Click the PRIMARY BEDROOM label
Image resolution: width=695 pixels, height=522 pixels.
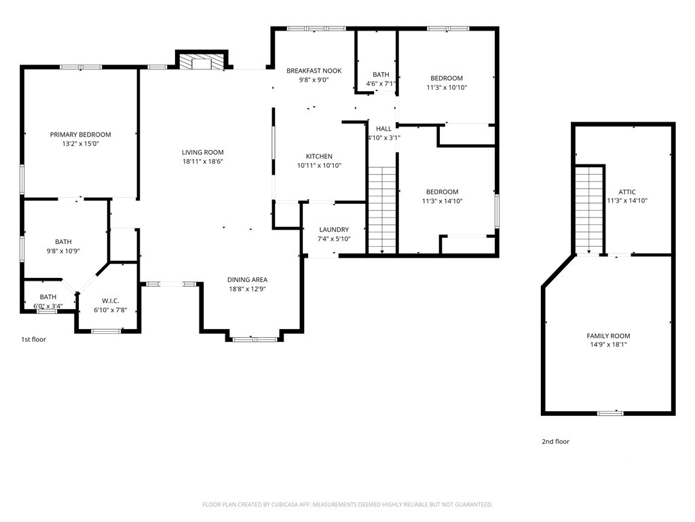(80, 135)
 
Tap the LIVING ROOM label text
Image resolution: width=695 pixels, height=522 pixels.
(202, 152)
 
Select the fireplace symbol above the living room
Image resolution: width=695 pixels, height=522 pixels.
(202, 62)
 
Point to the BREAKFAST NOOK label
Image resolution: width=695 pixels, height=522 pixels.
(314, 71)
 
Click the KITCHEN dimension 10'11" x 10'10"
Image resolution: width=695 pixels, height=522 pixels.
(319, 166)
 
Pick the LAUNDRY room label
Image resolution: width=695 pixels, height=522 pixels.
(334, 230)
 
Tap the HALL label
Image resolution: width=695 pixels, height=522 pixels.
(384, 128)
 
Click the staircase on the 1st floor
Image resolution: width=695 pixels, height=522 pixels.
(382, 210)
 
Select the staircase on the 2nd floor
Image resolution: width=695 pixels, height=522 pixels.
(589, 209)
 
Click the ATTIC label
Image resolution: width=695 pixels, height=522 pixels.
(627, 192)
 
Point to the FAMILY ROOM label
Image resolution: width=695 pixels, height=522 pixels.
(608, 336)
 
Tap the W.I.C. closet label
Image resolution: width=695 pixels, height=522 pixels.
(111, 301)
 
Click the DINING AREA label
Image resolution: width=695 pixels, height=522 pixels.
(247, 279)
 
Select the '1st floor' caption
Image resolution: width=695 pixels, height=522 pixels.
(34, 340)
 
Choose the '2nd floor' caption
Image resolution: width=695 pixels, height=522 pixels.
(555, 442)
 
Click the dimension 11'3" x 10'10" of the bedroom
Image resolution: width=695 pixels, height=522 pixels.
(447, 88)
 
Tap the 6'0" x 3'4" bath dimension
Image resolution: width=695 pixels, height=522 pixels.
(48, 307)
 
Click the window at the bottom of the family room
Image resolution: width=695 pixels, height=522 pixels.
(610, 413)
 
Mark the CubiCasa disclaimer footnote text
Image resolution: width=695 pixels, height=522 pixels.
(347, 505)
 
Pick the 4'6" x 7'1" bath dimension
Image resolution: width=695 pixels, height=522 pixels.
(381, 84)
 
